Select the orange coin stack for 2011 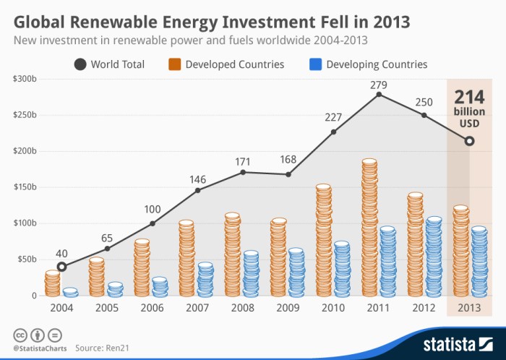click(x=369, y=228)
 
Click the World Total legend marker click(x=80, y=64)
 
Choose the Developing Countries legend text click(x=377, y=64)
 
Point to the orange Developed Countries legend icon click(x=175, y=64)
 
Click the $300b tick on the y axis click(x=25, y=79)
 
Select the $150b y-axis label click(x=25, y=187)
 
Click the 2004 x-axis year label click(x=61, y=307)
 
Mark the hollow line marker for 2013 click(x=470, y=141)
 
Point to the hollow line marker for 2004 click(x=61, y=267)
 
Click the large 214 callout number click(x=469, y=98)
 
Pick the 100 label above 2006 click(x=152, y=210)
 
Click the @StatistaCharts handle click(x=38, y=348)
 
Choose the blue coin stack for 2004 click(x=70, y=292)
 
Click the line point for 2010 click(x=333, y=132)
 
